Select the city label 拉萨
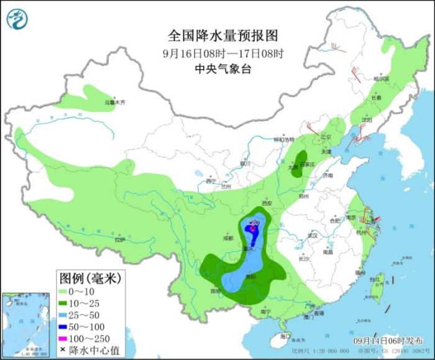tap(121, 239)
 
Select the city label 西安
tap(267, 203)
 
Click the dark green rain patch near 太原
tap(301, 163)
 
